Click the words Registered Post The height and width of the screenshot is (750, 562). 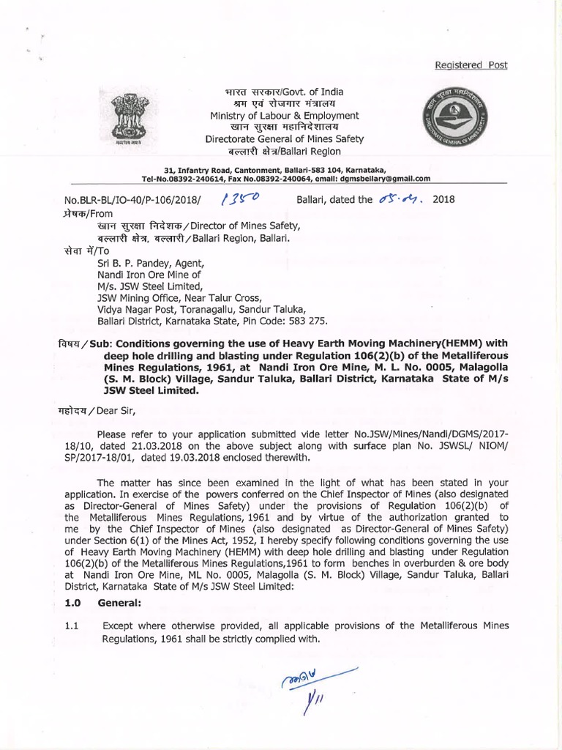pyautogui.click(x=471, y=64)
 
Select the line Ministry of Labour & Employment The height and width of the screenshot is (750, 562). pyautogui.click(x=284, y=116)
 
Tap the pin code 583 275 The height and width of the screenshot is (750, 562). pyautogui.click(x=310, y=322)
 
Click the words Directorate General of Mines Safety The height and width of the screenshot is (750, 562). pyautogui.click(x=284, y=139)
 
